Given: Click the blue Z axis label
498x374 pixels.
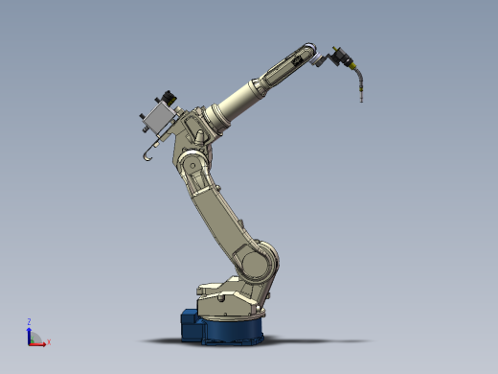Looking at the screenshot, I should (30, 322).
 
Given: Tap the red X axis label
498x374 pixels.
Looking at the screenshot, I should (49, 341).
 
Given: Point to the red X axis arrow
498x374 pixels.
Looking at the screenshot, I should (40, 340).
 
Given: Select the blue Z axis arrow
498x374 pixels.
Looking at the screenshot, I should (30, 332).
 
